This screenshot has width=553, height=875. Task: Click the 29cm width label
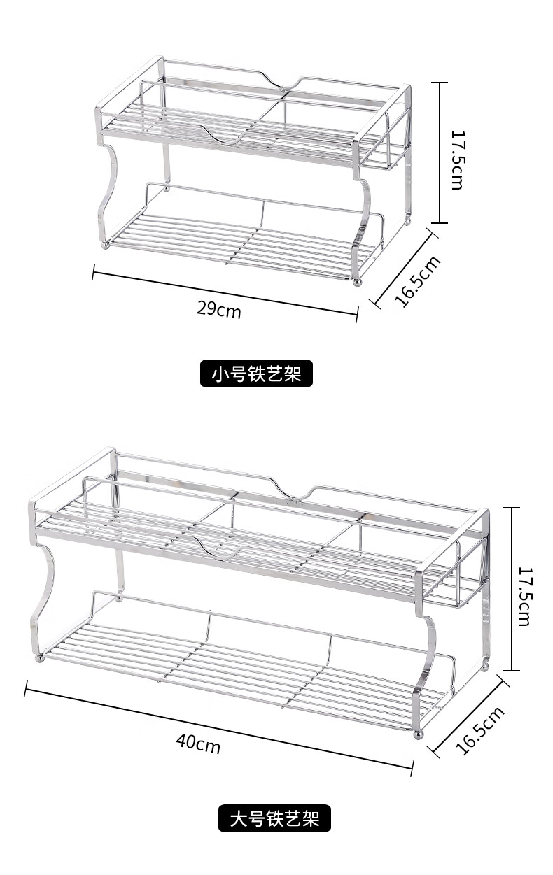pos(218,308)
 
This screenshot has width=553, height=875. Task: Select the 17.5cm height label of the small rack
pos(457,159)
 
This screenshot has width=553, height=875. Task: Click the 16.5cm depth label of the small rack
pos(419,281)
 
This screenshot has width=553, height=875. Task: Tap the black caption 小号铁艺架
pos(257,374)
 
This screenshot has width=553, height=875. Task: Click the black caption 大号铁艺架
pos(275,818)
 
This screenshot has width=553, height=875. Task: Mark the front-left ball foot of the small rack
pos(106,244)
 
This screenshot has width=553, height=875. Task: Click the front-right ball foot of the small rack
pos(357,282)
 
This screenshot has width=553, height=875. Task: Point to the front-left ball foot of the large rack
pos(40,657)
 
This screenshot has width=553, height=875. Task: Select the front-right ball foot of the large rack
pos(418,735)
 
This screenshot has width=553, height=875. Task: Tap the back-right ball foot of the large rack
pos(484,668)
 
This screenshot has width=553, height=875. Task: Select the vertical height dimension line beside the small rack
pos(439,152)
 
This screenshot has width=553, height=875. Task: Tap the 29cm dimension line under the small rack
pos(224,294)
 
